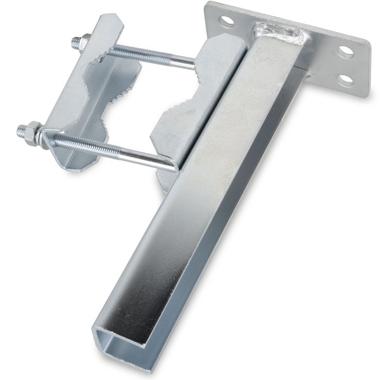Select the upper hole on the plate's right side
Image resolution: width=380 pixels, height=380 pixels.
tap(346, 51)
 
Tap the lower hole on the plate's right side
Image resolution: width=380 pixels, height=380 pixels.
tap(345, 80)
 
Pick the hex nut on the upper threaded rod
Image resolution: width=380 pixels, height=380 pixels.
tap(83, 43)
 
